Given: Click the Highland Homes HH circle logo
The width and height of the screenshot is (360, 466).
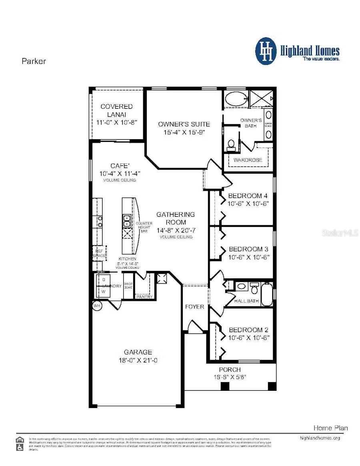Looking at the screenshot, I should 266,51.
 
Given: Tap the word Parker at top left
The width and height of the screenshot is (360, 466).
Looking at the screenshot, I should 34,61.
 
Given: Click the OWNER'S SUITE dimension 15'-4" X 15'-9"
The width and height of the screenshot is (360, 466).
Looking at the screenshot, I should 184,132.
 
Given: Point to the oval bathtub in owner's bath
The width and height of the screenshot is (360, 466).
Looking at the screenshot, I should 235,98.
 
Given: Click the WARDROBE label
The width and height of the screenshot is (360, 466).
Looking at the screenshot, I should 248,160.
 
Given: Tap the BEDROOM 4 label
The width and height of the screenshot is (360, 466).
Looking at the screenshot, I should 248,196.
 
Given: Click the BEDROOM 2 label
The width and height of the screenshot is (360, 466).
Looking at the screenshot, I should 248,330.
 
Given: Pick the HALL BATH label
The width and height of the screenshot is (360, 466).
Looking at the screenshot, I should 246,301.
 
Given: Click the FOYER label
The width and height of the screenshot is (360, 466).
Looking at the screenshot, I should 195,307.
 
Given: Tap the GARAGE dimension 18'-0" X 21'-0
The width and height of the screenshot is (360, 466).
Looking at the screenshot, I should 138,360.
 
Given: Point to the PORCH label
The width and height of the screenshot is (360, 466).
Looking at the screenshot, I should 230,370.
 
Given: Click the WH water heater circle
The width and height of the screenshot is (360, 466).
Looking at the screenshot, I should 97,306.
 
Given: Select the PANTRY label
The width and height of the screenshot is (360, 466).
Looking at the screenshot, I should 144,297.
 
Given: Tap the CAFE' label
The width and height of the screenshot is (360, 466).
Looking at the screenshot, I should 120,166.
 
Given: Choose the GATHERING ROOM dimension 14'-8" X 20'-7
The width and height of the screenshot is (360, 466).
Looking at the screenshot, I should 176,230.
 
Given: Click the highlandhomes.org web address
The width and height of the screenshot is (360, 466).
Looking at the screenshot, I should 320,438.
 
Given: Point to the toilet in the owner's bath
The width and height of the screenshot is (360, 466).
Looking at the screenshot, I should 231,144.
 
